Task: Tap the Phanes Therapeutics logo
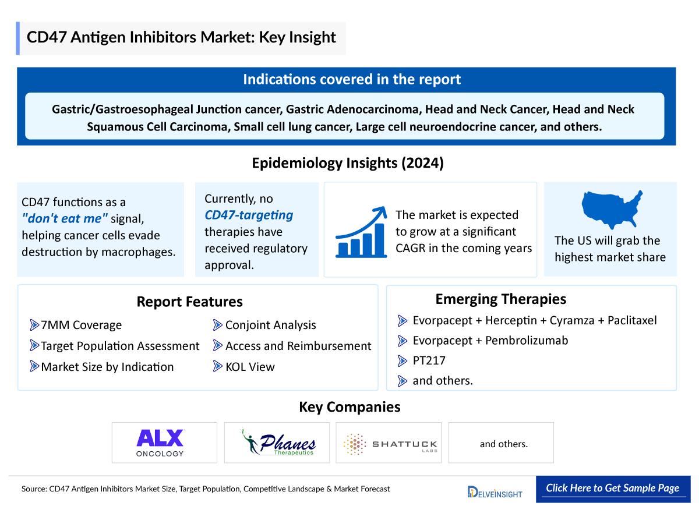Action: pos(278,443)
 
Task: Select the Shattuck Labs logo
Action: pos(389,444)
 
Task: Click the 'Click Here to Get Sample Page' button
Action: pos(612,488)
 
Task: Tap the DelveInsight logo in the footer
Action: pos(495,492)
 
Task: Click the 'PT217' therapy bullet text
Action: pos(429,360)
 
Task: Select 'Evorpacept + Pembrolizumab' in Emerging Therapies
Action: pos(490,340)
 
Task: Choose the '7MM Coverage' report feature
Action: pos(81,325)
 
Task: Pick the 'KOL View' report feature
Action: pos(250,367)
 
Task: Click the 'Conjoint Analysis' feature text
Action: pos(270,325)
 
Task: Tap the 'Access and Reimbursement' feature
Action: pos(298,346)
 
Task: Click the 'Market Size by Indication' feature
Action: pos(107,367)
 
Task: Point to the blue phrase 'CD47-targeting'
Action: pos(249,215)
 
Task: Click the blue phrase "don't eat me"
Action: pos(65,219)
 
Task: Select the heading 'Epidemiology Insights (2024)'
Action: pos(348,163)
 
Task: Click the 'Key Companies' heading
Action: pos(349,406)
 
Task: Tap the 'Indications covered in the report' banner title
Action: pos(352,79)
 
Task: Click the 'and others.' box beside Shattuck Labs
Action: pos(503,444)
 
